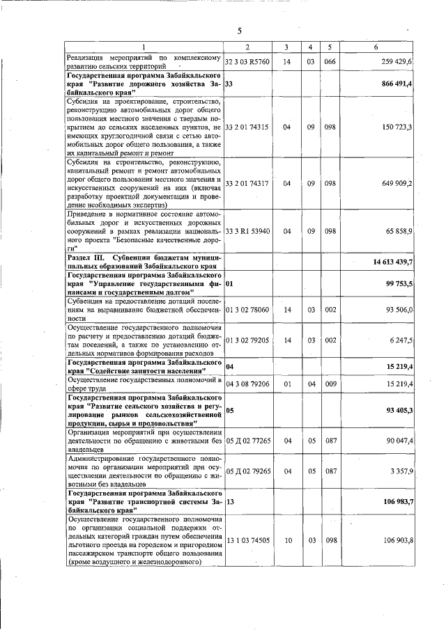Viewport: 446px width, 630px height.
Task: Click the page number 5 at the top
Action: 238,31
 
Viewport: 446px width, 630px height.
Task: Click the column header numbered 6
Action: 376,47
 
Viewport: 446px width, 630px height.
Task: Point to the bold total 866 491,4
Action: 397,84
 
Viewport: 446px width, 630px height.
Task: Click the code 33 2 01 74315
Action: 247,127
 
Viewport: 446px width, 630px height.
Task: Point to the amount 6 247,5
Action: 401,340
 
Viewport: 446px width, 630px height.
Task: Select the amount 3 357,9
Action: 401,471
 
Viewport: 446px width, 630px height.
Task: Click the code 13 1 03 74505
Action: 247,540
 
